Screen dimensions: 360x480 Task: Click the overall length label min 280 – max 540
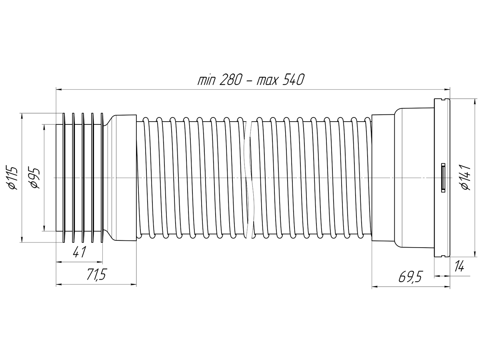click(251, 80)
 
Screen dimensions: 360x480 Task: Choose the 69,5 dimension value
click(410, 276)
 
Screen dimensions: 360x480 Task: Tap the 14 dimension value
click(459, 266)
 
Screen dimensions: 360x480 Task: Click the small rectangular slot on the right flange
click(443, 178)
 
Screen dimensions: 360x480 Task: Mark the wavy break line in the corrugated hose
click(249, 178)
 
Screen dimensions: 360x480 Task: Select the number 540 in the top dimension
click(294, 80)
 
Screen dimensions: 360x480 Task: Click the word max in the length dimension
click(268, 80)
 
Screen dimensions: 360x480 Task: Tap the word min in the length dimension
click(207, 80)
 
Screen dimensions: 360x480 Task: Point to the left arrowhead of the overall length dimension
click(58, 90)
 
